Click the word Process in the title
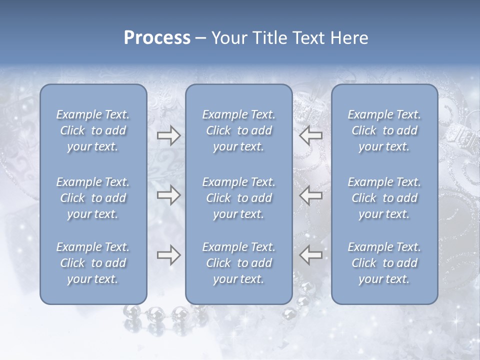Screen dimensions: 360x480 point(157,38)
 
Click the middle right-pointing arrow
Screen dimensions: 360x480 point(168,195)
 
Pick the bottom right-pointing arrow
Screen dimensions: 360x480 point(168,255)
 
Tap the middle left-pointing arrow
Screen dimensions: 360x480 point(310,195)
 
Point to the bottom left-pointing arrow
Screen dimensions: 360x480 point(310,255)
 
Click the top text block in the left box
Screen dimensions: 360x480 point(93,130)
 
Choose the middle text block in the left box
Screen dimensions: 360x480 point(93,198)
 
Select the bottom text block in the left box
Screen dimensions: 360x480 point(93,263)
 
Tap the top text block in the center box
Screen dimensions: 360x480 point(239,130)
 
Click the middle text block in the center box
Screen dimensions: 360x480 point(239,198)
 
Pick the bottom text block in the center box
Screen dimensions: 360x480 point(239,263)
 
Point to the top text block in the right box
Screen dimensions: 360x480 point(384,130)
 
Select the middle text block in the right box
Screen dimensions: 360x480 point(384,198)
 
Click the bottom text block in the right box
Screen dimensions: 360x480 point(384,263)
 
